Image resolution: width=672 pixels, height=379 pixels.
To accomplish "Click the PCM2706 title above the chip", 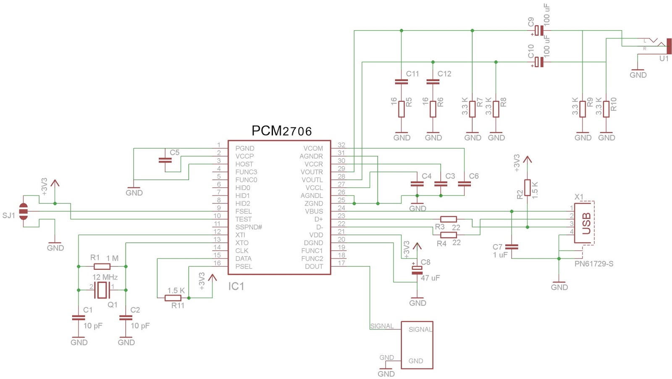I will click(x=281, y=131).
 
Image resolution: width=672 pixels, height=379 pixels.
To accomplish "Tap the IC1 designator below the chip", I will click(x=236, y=286).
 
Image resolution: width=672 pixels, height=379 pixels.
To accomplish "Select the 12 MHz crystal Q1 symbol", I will click(x=102, y=290).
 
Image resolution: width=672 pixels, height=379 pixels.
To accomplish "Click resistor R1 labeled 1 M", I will click(x=102, y=266).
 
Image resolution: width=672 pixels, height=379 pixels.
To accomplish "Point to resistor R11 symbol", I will click(x=173, y=298).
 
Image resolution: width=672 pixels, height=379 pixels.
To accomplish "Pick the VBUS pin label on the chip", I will click(x=314, y=211).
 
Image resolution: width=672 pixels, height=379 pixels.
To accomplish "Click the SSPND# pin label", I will click(x=249, y=227).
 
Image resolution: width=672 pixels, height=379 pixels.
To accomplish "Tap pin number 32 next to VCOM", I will click(x=341, y=145).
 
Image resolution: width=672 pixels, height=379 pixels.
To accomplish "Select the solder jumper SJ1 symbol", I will click(x=24, y=211).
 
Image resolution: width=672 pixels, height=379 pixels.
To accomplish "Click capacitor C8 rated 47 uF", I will click(x=417, y=270).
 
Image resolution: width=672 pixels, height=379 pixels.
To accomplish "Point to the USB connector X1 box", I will click(x=584, y=222).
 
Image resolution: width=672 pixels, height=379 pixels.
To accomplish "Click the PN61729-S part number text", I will click(x=593, y=264).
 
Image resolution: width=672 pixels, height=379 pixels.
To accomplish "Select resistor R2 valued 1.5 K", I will click(x=528, y=188).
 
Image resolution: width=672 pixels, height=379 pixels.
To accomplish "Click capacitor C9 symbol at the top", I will click(x=539, y=31).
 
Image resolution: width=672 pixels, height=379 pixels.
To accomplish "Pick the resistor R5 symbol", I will click(x=402, y=109).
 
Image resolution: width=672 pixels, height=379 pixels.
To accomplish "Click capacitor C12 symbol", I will click(x=433, y=82).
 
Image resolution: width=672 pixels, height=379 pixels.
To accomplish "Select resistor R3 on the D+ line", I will click(x=449, y=219).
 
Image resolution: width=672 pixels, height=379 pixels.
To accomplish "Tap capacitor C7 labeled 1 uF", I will click(x=512, y=247).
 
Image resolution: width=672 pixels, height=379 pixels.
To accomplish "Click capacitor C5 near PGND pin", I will click(x=165, y=160).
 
